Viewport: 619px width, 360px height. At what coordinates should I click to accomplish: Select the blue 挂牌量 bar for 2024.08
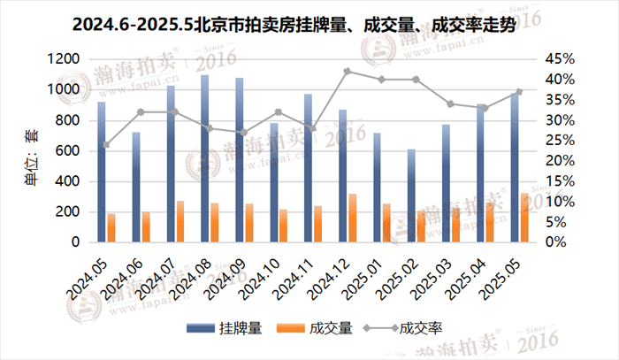pyautogui.click(x=204, y=159)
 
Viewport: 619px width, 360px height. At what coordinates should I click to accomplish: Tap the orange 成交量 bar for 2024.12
pyautogui.click(x=352, y=218)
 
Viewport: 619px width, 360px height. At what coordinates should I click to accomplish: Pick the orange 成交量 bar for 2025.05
pyautogui.click(x=524, y=218)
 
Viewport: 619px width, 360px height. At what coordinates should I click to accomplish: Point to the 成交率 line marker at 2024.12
pyautogui.click(x=348, y=71)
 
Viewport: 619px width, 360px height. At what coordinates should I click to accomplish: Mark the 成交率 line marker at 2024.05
pyautogui.click(x=106, y=144)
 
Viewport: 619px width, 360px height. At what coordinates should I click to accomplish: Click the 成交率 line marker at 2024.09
pyautogui.click(x=244, y=133)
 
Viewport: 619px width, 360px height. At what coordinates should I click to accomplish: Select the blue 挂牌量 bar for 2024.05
pyautogui.click(x=102, y=172)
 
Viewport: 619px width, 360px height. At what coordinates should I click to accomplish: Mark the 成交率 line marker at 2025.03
pyautogui.click(x=451, y=103)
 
